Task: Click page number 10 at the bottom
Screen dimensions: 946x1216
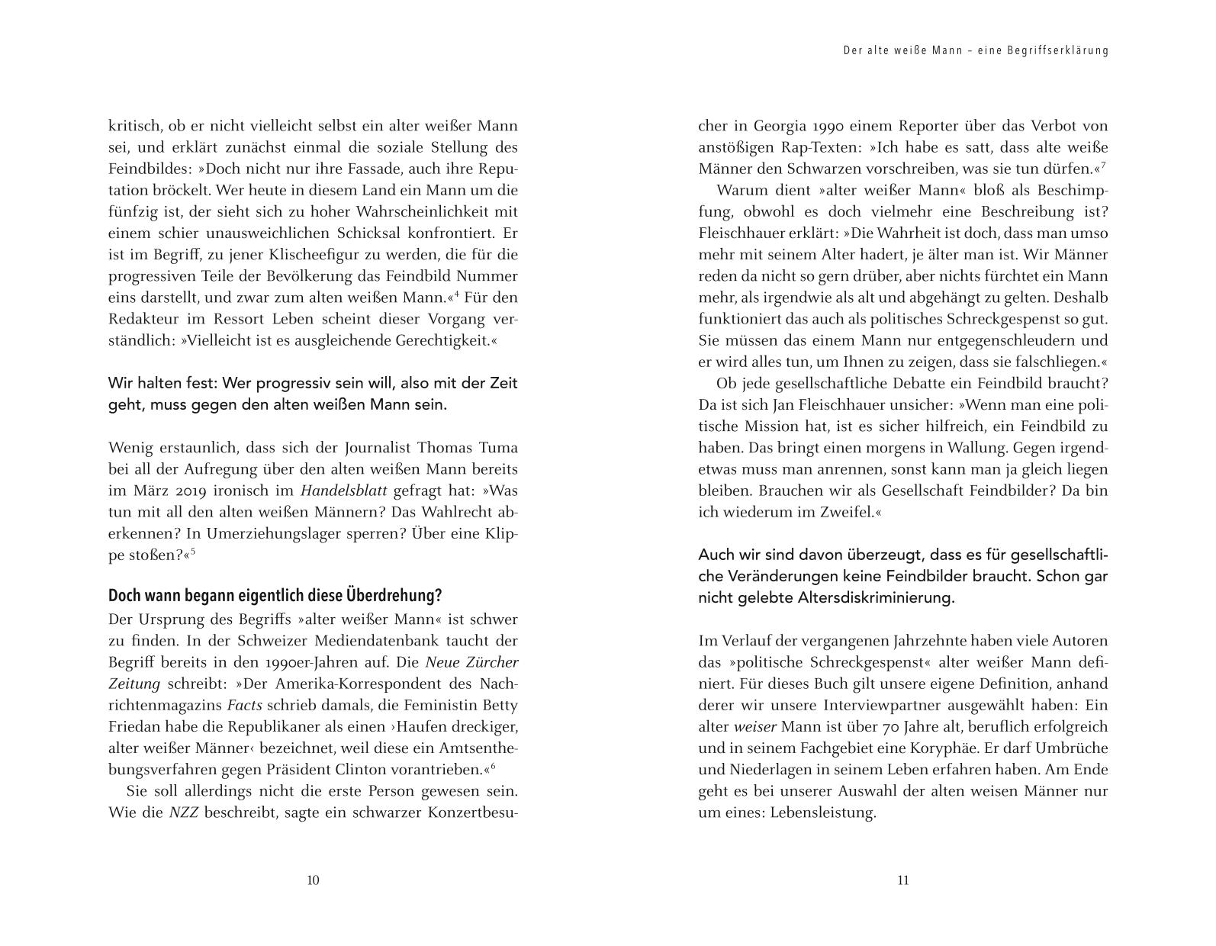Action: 313,880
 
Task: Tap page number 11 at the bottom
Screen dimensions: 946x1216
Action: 903,880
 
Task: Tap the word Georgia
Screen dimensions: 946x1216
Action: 780,126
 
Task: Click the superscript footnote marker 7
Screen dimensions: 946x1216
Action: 1104,164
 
